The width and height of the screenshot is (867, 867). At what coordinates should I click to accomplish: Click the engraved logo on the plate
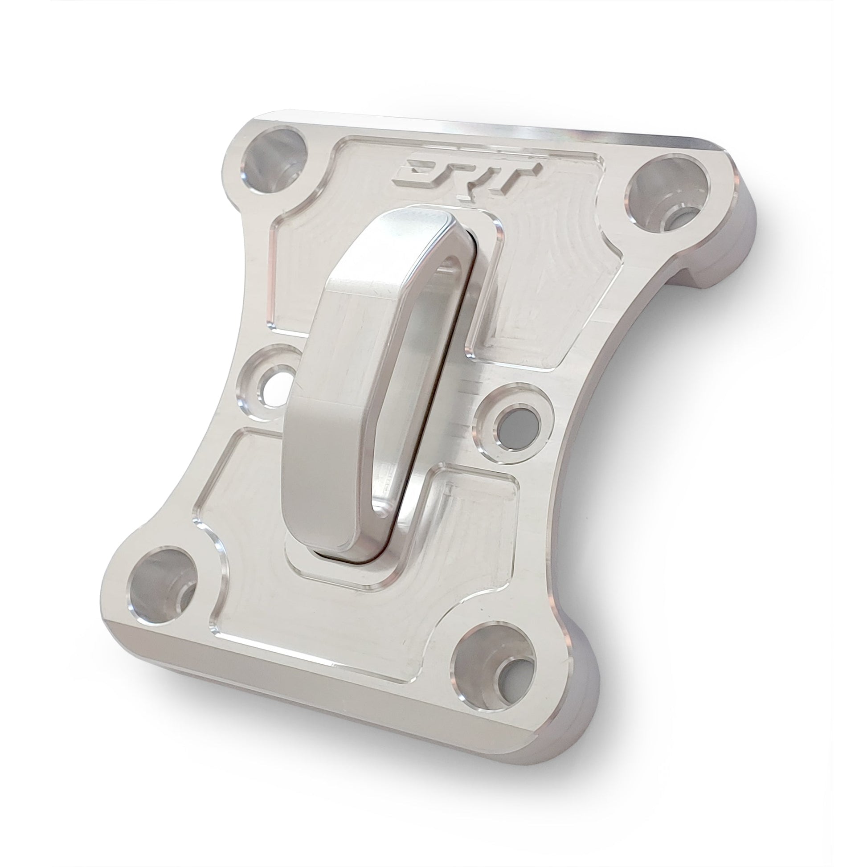click(467, 178)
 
